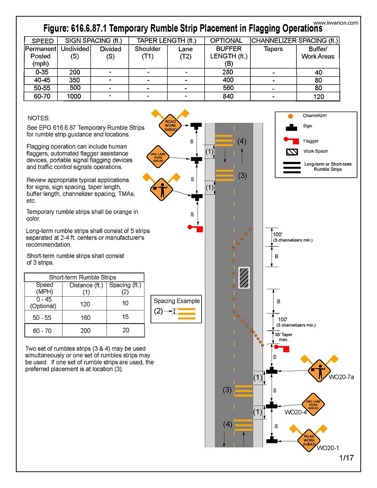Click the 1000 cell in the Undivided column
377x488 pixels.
(x=74, y=96)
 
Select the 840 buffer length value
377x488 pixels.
(x=228, y=96)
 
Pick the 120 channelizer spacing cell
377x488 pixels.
(x=318, y=97)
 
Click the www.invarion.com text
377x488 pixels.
(x=336, y=23)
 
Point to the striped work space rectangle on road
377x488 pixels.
(x=244, y=278)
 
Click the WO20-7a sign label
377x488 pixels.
(x=341, y=377)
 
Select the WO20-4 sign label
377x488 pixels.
(x=296, y=413)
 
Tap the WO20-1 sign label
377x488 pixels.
(x=328, y=448)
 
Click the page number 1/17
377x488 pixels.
(x=346, y=458)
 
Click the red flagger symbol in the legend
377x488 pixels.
(x=288, y=141)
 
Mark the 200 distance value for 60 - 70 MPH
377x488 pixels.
(x=85, y=331)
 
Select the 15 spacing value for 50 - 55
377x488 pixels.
(x=125, y=317)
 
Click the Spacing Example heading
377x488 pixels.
(x=176, y=301)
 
